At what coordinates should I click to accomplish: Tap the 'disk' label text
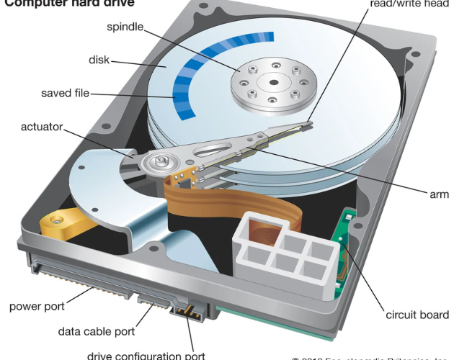pos(99,60)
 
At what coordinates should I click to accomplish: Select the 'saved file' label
pos(66,94)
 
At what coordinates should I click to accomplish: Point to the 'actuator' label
pos(40,127)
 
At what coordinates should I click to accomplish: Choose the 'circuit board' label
pos(417,315)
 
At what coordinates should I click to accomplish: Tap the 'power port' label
pos(37,307)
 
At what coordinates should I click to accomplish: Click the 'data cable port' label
pos(96,332)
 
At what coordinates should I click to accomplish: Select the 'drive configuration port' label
pos(146,355)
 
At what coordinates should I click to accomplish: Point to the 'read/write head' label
pos(409,4)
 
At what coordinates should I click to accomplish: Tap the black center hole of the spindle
pos(274,81)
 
